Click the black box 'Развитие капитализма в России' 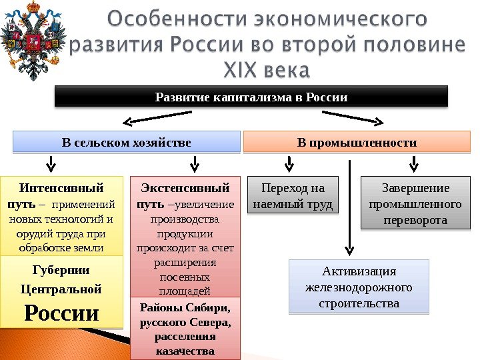click(x=251, y=97)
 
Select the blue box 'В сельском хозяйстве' click(x=127, y=143)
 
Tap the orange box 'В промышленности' click(x=357, y=143)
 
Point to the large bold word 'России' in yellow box click(x=61, y=313)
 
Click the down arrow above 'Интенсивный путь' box click(x=51, y=163)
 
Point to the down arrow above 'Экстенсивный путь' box click(x=195, y=163)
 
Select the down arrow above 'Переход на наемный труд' click(x=289, y=163)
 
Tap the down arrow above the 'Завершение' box click(x=414, y=163)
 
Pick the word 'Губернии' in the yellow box click(x=61, y=270)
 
